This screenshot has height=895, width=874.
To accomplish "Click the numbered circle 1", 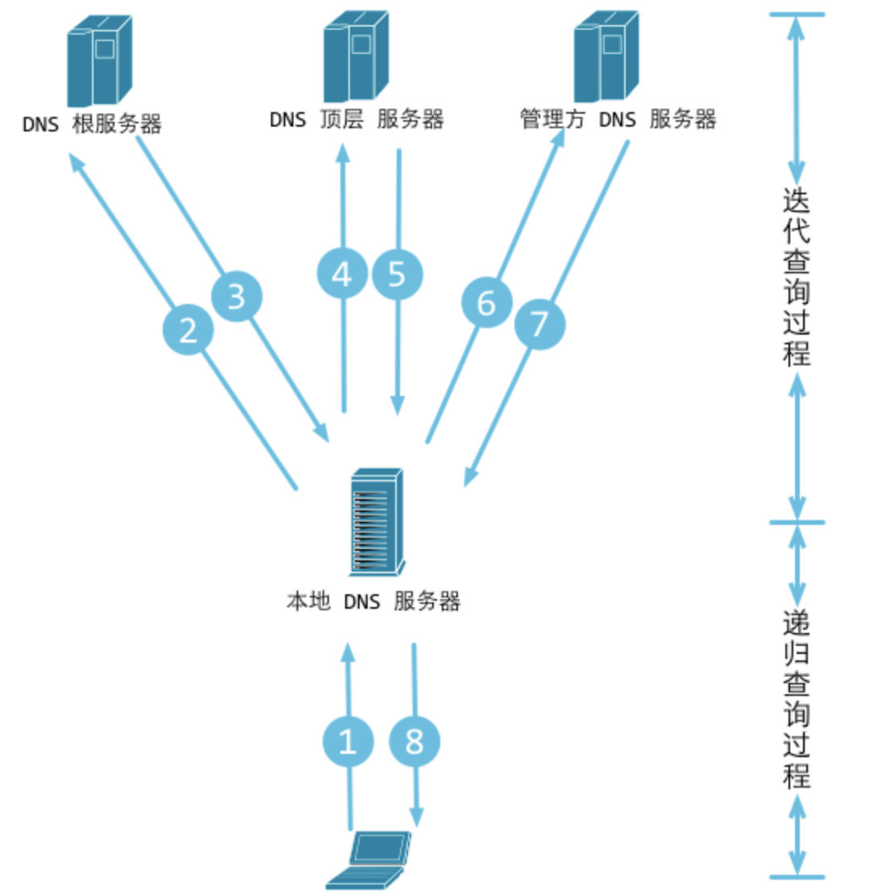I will (348, 743).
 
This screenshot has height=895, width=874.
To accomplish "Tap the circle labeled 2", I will (188, 330).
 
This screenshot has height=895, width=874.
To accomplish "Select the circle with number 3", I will (237, 297).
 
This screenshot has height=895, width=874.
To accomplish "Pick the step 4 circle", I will (343, 275).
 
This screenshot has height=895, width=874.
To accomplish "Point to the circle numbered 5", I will (397, 275).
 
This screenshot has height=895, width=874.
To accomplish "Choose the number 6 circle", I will (486, 303).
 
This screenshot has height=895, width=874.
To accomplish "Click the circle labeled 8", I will (414, 743).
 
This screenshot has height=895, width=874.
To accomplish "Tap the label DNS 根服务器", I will (92, 125).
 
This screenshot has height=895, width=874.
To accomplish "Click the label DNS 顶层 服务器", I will (356, 120).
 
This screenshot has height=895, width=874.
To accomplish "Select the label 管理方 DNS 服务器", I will (618, 120).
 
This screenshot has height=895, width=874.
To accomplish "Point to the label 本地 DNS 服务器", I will (373, 602).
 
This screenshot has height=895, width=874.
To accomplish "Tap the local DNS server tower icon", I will (376, 522).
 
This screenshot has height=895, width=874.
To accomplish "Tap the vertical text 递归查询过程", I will (797, 698).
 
